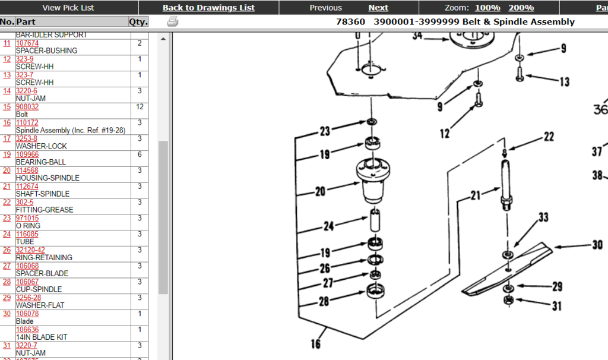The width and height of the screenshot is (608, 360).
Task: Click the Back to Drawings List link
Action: pos(208,8)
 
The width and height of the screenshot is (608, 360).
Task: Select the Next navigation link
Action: pos(378,8)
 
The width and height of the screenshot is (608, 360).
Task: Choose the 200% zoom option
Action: pos(521,8)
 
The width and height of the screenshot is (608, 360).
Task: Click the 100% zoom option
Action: pos(487,8)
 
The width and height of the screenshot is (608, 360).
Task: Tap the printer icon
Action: pos(172,22)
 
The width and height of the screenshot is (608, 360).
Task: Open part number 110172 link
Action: pos(27,123)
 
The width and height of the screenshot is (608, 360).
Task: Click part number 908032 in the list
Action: pos(27,107)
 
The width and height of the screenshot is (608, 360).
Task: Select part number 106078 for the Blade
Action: pos(27,314)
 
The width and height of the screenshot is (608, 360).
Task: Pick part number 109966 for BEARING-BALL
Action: pos(27,154)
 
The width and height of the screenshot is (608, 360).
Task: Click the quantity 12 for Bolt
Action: pos(140,107)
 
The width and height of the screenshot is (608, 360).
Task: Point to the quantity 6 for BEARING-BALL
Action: pos(140,154)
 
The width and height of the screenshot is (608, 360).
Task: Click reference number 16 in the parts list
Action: pos(7,123)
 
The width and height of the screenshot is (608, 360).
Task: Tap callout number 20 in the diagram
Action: pos(321,191)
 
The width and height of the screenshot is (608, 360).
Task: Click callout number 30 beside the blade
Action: pos(597,245)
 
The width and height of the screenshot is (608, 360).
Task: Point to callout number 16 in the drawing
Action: pos(315,344)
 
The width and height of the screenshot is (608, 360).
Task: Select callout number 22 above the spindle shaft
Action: pos(548,137)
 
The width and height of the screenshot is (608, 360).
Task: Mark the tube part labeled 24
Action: pos(375,221)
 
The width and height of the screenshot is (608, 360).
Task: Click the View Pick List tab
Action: pos(68,8)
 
